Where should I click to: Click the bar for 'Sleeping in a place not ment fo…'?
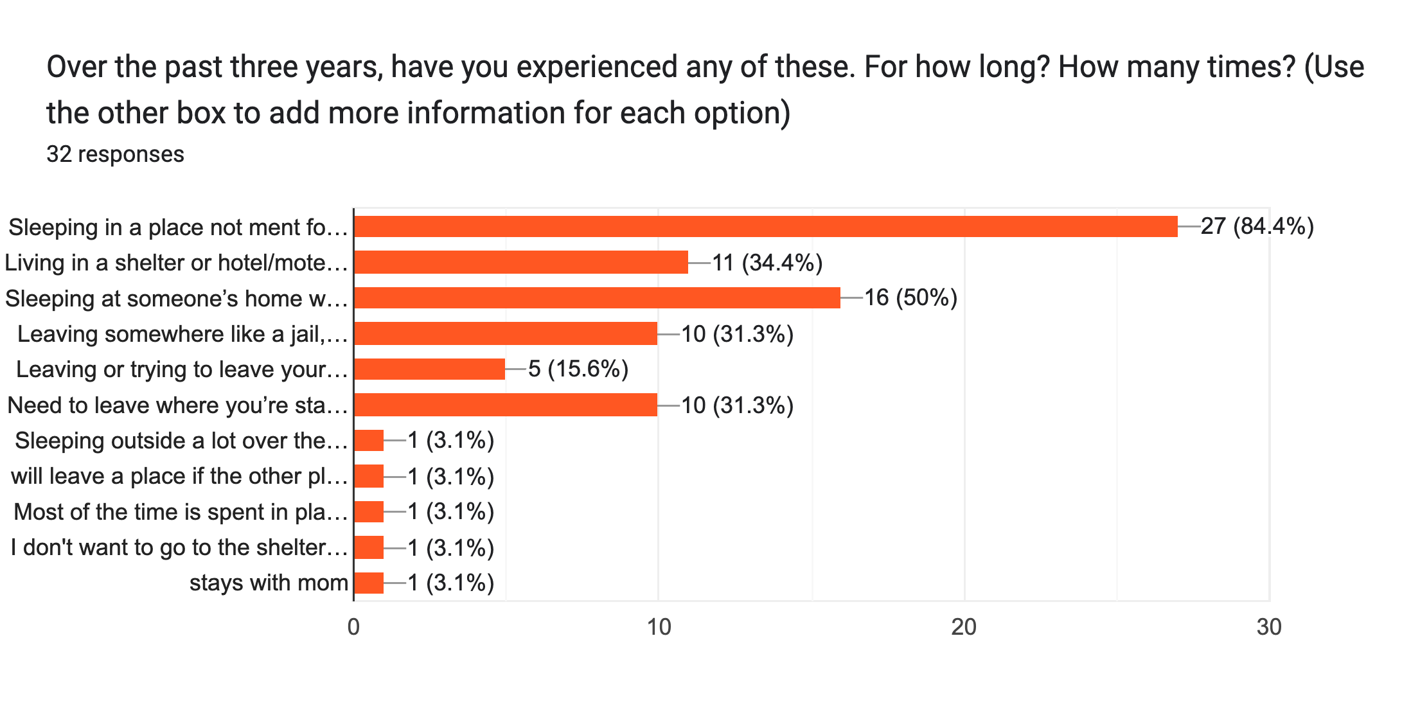[765, 227]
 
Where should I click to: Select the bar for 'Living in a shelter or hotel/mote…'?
[520, 263]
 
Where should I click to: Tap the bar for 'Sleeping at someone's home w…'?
[596, 298]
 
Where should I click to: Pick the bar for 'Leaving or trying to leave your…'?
[429, 369]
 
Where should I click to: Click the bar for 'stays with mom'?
[369, 583]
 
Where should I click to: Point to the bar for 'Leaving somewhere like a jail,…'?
[505, 334]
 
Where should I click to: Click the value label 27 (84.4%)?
[1257, 227]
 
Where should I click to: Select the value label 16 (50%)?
[910, 298]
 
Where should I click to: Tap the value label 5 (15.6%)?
[578, 369]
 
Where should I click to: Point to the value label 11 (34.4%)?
[767, 263]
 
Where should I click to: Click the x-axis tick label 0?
[353, 627]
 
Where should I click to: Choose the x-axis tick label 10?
[659, 627]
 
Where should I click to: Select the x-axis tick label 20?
[964, 627]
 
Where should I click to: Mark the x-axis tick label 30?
[1269, 627]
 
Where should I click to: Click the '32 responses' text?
[116, 154]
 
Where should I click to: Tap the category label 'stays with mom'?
[269, 583]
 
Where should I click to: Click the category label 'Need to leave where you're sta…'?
[177, 405]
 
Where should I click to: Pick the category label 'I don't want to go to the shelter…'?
[179, 547]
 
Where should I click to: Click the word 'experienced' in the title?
[596, 67]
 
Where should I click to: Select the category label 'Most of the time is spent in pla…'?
[181, 512]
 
